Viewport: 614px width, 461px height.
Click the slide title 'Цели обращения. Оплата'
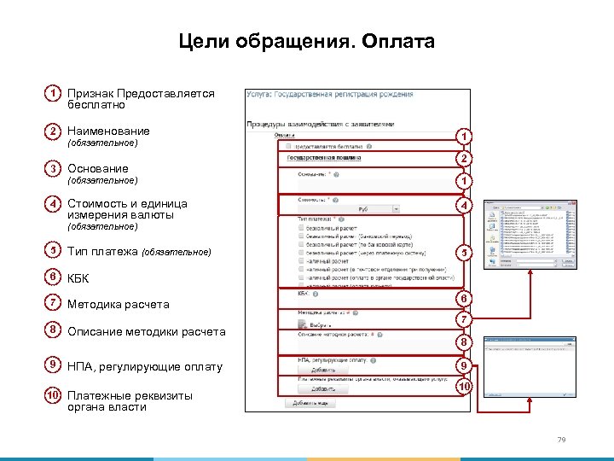(306, 42)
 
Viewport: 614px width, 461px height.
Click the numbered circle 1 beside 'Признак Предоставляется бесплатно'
(54, 93)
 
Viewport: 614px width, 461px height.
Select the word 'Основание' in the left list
(98, 169)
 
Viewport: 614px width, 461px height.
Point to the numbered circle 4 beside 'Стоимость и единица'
(54, 205)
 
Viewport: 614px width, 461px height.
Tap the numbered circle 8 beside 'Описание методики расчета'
(54, 330)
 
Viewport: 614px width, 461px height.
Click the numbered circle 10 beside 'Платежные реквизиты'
(54, 395)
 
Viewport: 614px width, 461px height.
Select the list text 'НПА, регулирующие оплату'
(145, 367)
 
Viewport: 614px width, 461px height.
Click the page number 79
(561, 440)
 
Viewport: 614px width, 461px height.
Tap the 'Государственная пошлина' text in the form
(324, 158)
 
